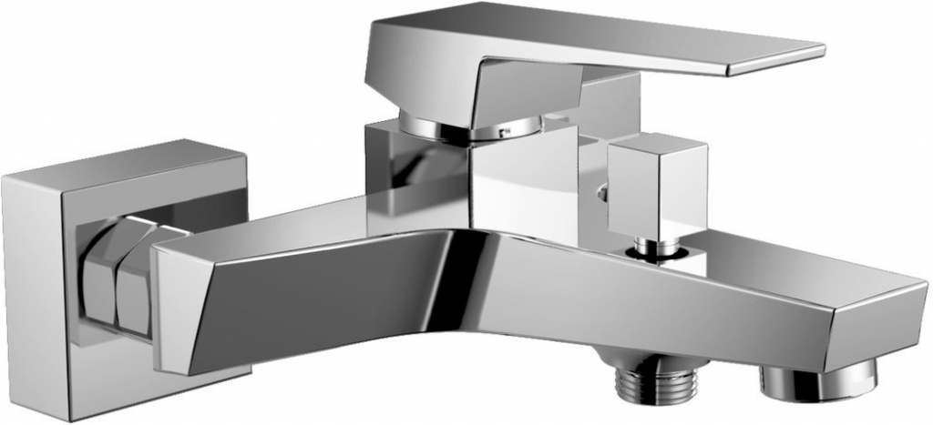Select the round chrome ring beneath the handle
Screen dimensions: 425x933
(456, 127)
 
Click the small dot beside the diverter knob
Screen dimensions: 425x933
(600, 193)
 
